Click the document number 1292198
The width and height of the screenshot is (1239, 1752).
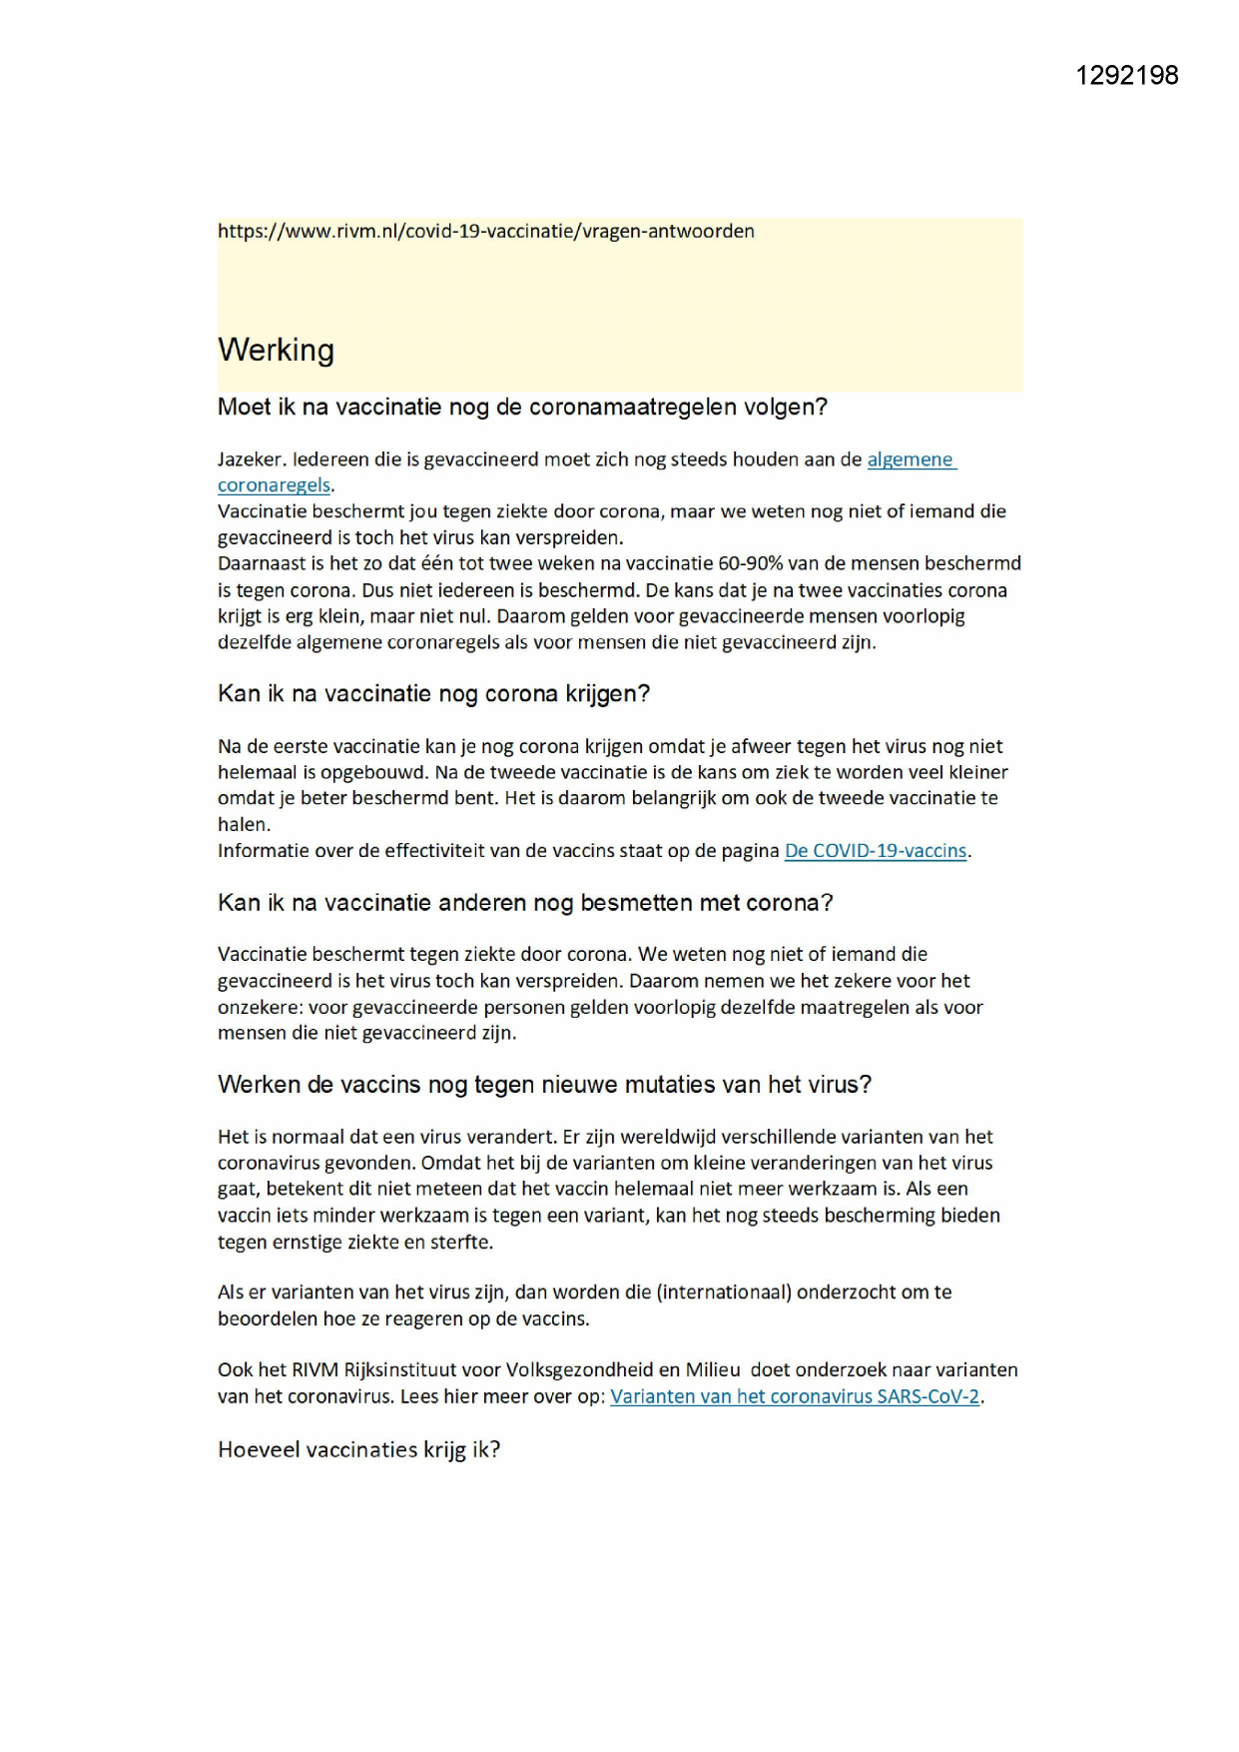click(1126, 76)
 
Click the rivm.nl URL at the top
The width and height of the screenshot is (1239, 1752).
click(485, 232)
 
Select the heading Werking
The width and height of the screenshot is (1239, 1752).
click(276, 350)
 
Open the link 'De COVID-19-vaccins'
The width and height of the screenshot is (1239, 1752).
click(875, 851)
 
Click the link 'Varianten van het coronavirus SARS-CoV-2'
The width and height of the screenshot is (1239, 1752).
click(795, 1396)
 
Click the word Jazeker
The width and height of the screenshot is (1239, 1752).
click(251, 459)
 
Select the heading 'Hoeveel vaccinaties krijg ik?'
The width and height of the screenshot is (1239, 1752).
click(358, 1449)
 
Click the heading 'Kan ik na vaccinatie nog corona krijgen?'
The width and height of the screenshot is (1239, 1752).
click(433, 694)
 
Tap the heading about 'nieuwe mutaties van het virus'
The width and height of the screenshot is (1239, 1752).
click(544, 1085)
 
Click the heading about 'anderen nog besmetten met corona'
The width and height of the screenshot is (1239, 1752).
click(525, 903)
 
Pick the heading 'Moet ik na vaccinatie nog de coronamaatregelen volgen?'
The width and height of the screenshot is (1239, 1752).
click(522, 408)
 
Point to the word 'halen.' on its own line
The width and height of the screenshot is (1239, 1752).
click(244, 825)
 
